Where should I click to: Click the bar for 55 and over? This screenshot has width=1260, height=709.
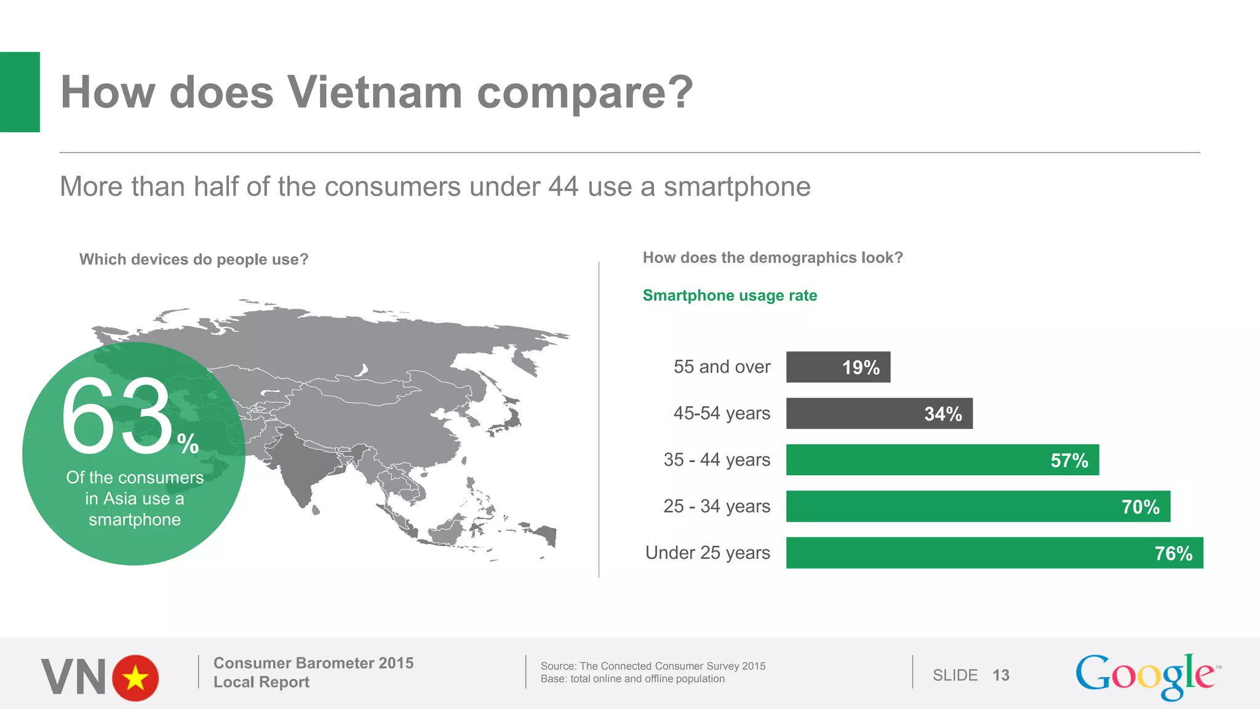pos(838,367)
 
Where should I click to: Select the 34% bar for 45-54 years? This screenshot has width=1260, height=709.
pos(879,414)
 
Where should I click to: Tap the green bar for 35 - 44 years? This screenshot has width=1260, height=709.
pos(942,460)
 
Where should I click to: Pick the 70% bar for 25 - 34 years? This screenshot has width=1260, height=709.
pos(978,507)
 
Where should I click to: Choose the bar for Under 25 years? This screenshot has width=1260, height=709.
pos(994,553)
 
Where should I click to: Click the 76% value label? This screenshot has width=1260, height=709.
pos(1173,553)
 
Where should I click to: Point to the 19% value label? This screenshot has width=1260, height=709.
pos(861,367)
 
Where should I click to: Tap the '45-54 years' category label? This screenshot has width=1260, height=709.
pos(722,413)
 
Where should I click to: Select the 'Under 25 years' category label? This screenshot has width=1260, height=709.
pos(708,553)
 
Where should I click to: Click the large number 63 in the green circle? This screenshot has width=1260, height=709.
pos(117,417)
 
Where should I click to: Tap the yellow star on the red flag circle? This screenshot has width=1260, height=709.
pos(135,678)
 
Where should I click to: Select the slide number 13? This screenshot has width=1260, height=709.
pos(1001,675)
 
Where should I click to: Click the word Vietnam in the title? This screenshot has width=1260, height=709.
pos(375,92)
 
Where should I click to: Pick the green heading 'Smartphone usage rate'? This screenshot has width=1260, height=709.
pos(730,295)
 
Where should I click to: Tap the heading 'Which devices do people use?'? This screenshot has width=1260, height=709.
pos(194,259)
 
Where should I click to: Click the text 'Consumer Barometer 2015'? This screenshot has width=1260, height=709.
pos(313,663)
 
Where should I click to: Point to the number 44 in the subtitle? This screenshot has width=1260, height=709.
pos(563,186)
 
